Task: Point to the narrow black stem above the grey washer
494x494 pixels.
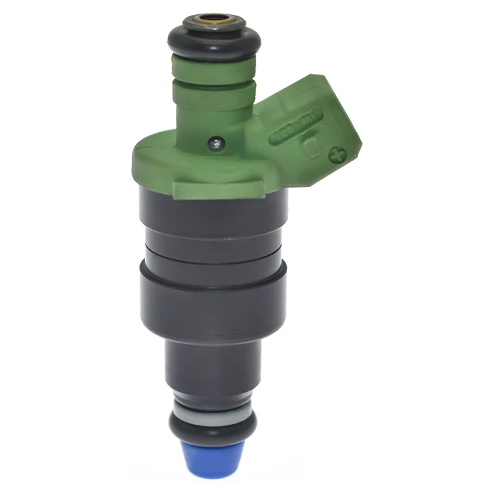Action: click(212, 371)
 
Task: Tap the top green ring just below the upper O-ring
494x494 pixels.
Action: click(213, 69)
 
